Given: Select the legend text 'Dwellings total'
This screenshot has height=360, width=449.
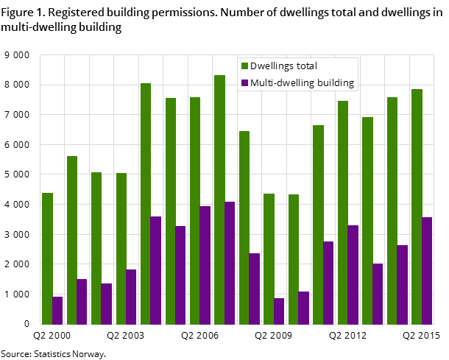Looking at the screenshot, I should [283, 66].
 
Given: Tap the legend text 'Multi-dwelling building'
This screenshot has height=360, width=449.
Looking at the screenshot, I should [302, 83].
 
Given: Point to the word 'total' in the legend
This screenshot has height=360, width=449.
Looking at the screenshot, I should [305, 66].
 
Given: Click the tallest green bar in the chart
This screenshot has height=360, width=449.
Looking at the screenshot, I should [219, 199].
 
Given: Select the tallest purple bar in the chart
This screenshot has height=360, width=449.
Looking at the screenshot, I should [230, 262].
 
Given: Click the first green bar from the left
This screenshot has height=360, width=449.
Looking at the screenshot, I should [47, 258].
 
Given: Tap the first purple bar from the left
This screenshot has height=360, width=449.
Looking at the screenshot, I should [57, 310].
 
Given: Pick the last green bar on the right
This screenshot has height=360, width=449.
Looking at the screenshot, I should [417, 206].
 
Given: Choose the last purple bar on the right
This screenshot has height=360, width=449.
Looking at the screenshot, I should [427, 270].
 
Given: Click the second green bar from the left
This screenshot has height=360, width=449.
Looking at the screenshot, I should [72, 239].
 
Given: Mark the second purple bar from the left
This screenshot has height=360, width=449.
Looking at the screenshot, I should [82, 301].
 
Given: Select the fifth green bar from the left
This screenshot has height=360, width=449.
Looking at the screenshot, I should [146, 203].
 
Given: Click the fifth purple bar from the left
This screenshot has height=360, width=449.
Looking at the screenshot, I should [156, 269].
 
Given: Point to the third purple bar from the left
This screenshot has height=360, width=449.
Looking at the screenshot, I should [106, 303].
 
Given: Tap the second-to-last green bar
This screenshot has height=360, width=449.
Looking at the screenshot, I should [392, 210].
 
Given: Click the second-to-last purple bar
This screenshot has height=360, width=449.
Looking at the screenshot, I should [403, 284].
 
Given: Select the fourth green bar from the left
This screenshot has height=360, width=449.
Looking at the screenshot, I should [121, 248].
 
